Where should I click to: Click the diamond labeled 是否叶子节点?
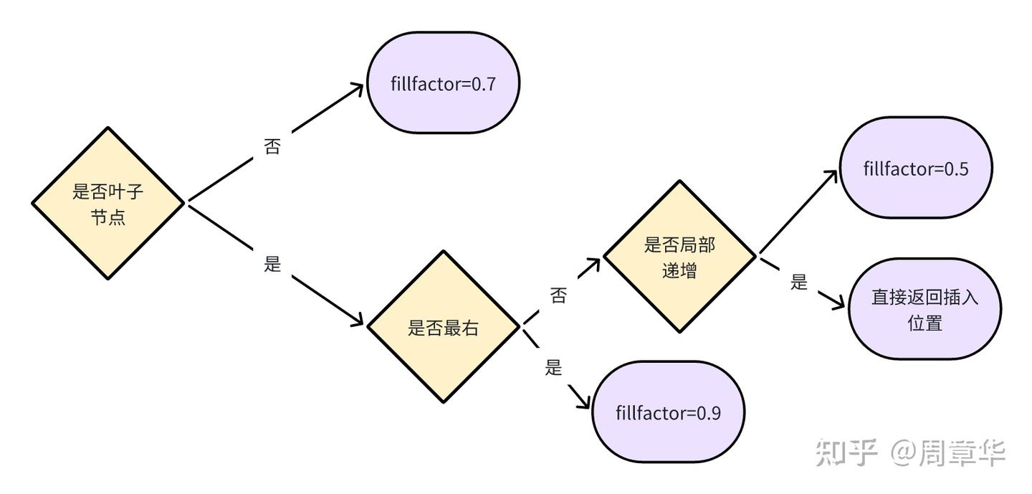(108, 203)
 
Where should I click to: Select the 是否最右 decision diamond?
(443, 327)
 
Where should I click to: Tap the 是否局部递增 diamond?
(679, 256)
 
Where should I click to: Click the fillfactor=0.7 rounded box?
(443, 82)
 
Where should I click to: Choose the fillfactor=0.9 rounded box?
(668, 412)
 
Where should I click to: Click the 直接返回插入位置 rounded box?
(924, 309)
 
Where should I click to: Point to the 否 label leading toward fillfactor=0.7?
(272, 148)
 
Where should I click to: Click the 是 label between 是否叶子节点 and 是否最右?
(272, 263)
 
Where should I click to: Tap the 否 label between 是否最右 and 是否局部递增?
(558, 295)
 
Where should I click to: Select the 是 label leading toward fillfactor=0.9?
(553, 368)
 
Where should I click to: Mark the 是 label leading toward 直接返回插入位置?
(799, 282)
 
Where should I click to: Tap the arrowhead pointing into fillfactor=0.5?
(831, 176)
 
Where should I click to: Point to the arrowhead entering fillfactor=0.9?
(582, 404)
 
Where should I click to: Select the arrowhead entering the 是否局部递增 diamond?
(593, 262)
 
